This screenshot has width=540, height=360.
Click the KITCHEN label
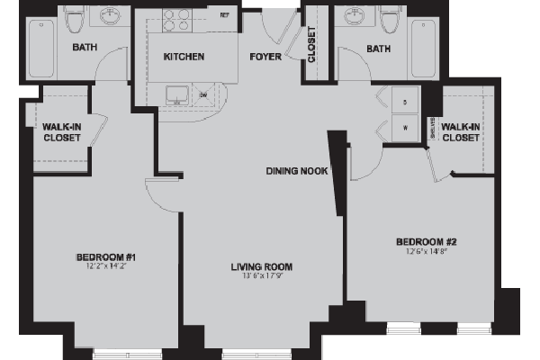click(184, 58)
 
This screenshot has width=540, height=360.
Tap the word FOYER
click(266, 58)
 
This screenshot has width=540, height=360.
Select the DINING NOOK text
click(296, 171)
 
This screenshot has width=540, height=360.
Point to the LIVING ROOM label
click(262, 266)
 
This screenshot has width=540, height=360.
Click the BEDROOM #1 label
click(105, 258)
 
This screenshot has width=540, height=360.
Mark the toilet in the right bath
click(389, 22)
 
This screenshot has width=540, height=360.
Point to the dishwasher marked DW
click(203, 94)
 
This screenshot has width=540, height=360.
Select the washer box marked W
click(404, 128)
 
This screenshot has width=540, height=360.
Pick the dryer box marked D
click(404, 103)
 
